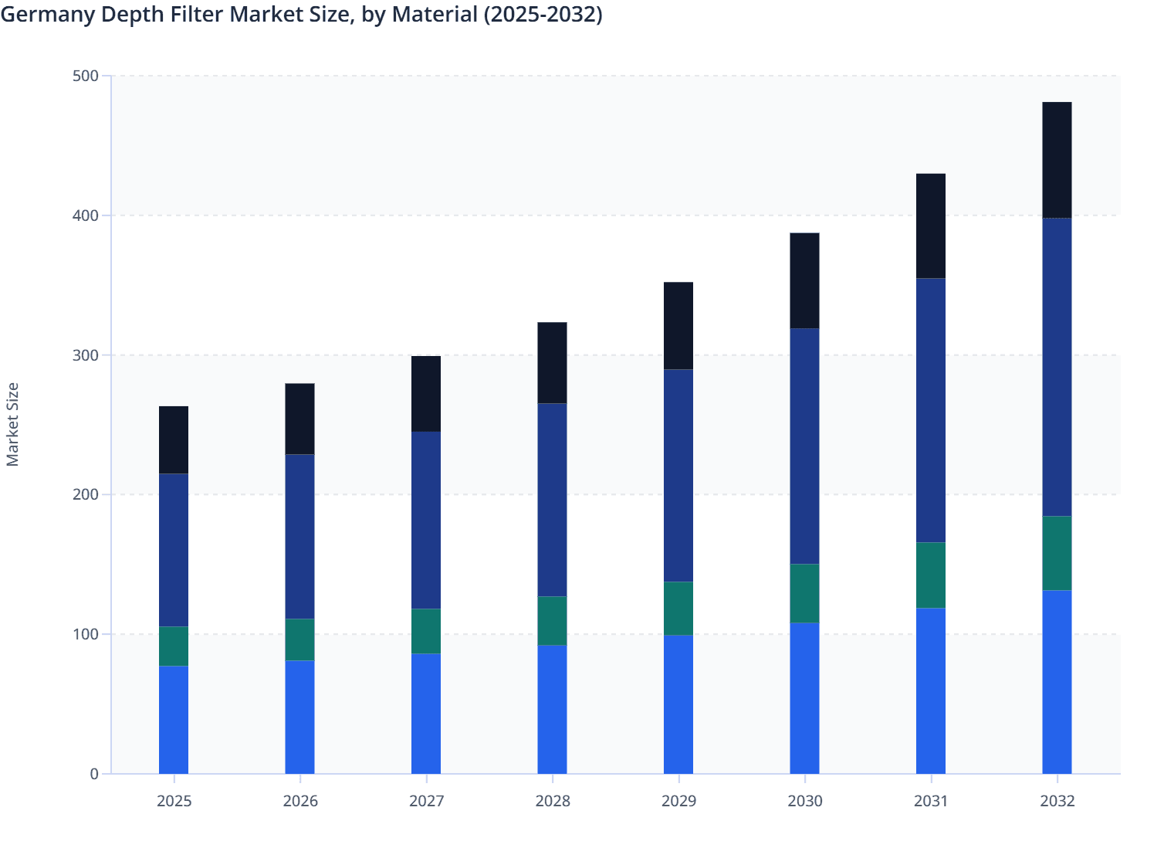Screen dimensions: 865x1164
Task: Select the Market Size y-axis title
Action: tap(12, 424)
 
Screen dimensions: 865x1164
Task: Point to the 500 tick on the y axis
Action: tap(86, 76)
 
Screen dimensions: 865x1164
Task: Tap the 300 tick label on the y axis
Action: tap(86, 355)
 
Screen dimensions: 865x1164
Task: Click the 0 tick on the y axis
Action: tap(93, 774)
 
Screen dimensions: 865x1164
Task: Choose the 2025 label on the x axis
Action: tap(174, 801)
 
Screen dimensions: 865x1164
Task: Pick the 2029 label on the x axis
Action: tap(678, 801)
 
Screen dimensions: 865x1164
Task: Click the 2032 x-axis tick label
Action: tap(1057, 801)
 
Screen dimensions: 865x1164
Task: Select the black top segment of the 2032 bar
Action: tap(1057, 160)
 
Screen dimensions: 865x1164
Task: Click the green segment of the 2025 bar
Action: tap(174, 646)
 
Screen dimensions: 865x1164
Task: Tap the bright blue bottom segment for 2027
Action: tap(426, 714)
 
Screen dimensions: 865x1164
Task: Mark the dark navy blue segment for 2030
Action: tap(804, 446)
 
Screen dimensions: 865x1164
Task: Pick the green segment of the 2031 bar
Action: tap(931, 575)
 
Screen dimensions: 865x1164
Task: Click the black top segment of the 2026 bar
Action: tap(299, 419)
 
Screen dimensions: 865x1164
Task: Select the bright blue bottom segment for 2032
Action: tap(1057, 682)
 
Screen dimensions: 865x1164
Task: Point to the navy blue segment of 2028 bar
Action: tap(552, 500)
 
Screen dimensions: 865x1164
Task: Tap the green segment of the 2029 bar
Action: tap(678, 609)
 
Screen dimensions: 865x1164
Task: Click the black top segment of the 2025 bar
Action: tap(174, 439)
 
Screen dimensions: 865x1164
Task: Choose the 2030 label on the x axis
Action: tap(804, 801)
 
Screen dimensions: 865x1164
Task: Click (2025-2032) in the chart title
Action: tap(543, 14)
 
